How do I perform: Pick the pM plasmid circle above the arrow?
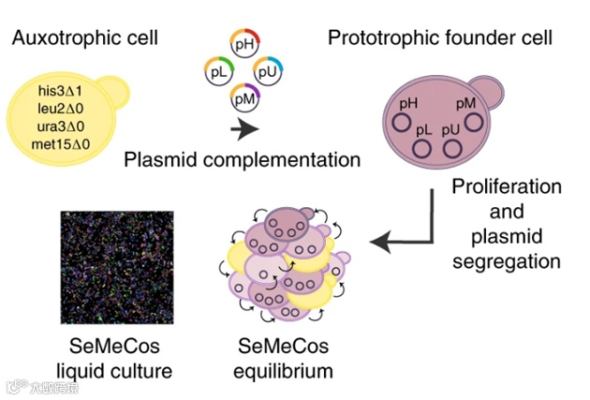[x=246, y=96]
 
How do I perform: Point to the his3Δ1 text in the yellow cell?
[x=63, y=91]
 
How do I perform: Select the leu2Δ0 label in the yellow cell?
[x=63, y=109]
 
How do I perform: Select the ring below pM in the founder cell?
[x=475, y=123]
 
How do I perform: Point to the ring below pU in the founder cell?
[x=455, y=149]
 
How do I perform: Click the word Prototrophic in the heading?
[x=376, y=39]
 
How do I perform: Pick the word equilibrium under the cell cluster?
[x=283, y=372]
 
